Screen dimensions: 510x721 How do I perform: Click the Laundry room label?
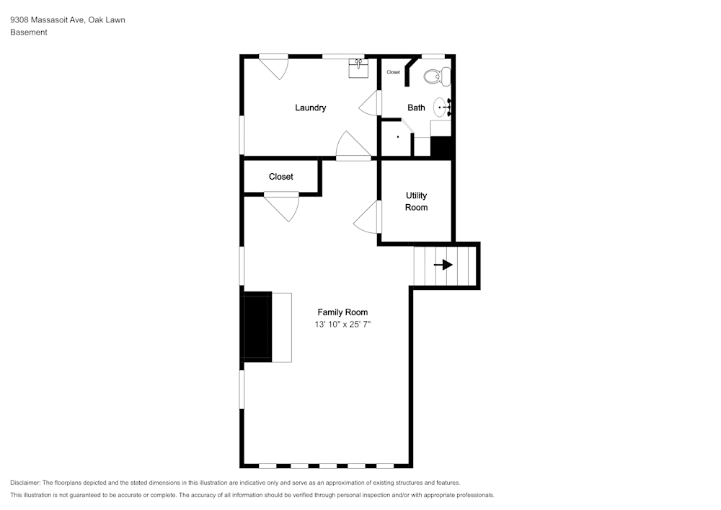(310, 107)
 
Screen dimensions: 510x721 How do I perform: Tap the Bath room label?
(416, 107)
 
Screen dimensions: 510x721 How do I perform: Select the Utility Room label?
(416, 201)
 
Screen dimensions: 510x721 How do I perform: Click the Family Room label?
(342, 312)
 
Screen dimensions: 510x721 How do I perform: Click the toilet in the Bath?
(436, 76)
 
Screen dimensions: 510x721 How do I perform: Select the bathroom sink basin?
(441, 107)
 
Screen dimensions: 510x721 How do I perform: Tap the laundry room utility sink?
(358, 68)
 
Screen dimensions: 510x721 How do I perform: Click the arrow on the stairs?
(443, 265)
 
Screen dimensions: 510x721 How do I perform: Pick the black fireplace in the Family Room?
(257, 327)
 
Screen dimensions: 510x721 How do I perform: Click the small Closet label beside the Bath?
(393, 72)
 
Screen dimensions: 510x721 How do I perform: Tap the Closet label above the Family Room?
(280, 177)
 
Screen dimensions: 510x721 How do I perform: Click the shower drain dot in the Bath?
(397, 136)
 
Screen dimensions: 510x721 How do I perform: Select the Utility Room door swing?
(368, 217)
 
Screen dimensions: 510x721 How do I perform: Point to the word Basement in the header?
(28, 32)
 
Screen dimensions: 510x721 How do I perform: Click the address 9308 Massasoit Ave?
(48, 20)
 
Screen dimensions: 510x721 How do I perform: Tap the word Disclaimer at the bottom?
(25, 483)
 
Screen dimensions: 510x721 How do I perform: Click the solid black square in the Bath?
(441, 146)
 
